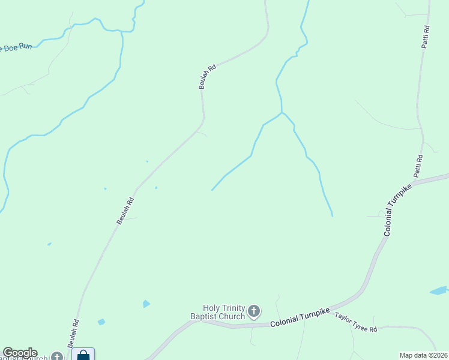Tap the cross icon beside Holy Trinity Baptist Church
(x=254, y=311)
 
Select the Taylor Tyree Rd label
(x=356, y=322)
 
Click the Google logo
(x=20, y=353)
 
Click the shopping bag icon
(x=83, y=355)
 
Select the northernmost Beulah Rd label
(x=208, y=77)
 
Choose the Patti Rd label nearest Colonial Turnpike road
(x=418, y=166)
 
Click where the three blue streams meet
(x=281, y=112)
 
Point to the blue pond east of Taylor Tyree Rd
(x=438, y=290)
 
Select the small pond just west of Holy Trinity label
(x=146, y=304)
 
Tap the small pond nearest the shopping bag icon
(x=101, y=322)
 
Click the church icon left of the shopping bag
(x=57, y=356)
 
